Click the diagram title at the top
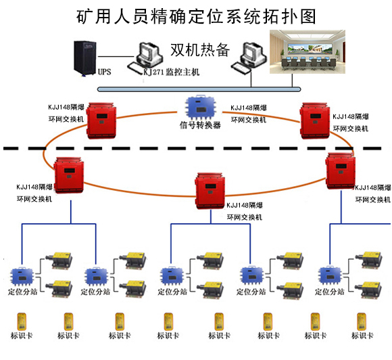pos(196,16)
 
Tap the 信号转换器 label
pos(200,125)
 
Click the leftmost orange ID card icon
pos(20,321)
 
